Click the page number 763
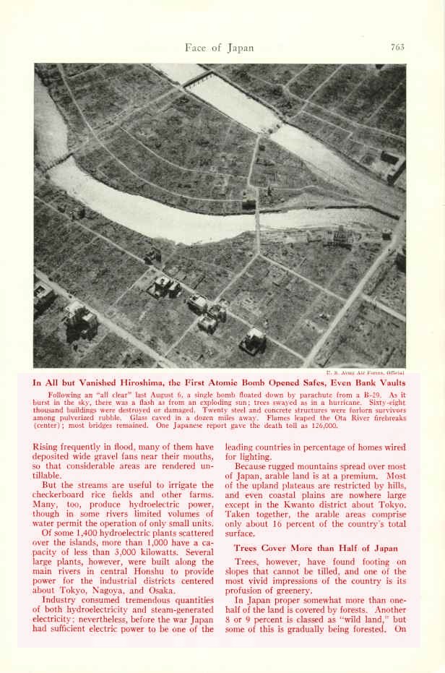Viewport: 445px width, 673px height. click(397, 48)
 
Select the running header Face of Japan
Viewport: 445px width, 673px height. click(219, 48)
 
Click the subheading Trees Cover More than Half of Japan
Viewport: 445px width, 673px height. click(316, 548)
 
